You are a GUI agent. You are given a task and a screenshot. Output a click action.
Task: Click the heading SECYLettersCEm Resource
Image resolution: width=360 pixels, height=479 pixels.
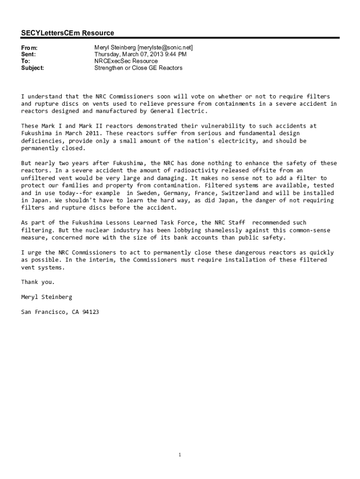[67, 33]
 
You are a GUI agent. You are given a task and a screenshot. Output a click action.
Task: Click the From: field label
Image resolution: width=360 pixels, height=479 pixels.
[29, 48]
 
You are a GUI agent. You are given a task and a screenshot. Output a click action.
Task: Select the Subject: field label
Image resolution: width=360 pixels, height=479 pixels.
[33, 68]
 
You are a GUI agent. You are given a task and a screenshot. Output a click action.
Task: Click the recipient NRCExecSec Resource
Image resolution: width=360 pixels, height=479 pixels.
[126, 61]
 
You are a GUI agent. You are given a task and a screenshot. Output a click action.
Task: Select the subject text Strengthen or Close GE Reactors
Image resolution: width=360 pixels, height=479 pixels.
[138, 68]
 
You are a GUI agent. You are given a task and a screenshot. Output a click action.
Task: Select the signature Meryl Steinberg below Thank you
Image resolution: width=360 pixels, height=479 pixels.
[47, 297]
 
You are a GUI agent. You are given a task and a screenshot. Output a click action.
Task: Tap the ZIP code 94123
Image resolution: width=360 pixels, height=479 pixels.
[91, 312]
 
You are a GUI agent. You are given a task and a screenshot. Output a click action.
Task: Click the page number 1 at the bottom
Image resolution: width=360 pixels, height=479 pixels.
[180, 455]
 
